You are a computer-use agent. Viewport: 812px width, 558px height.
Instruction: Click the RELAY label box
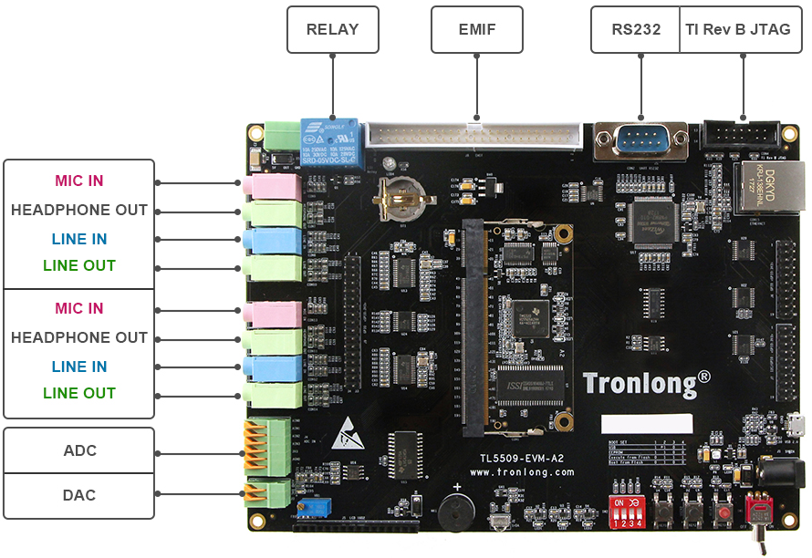(x=332, y=29)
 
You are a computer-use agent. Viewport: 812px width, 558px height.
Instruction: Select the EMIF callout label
(x=476, y=29)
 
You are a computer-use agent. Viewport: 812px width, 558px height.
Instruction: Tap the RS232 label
(x=635, y=29)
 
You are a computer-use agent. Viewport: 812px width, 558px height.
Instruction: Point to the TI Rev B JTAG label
(x=737, y=29)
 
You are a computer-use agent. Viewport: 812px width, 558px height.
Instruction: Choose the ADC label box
(x=79, y=450)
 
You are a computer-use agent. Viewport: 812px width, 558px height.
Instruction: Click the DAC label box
(x=79, y=495)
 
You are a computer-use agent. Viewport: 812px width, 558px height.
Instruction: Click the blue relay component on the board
(x=330, y=142)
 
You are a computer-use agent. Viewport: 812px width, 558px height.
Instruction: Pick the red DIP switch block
(x=627, y=511)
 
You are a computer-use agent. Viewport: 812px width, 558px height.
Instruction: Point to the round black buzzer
(x=456, y=512)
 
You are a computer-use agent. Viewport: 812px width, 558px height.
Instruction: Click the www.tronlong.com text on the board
(x=522, y=472)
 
